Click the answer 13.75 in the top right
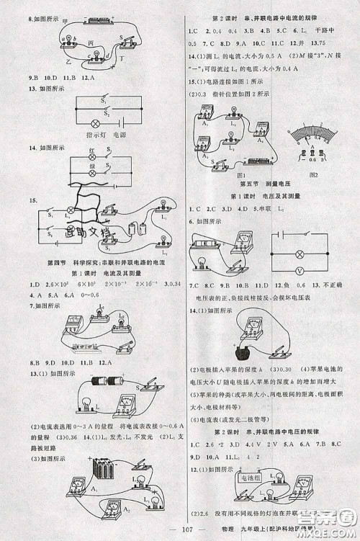333,42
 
